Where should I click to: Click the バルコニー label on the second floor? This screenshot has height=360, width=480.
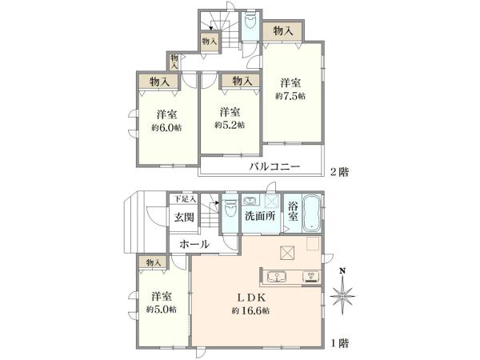click(x=274, y=168)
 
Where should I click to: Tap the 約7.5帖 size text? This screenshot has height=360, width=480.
click(x=290, y=96)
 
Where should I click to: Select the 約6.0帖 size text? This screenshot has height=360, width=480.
click(x=166, y=126)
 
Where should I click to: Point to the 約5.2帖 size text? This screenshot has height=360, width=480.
click(x=230, y=125)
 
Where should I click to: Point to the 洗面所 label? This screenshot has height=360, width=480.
click(x=260, y=215)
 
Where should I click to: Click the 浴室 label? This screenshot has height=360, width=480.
click(x=293, y=211)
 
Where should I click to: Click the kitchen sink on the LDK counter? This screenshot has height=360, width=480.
click(x=279, y=278)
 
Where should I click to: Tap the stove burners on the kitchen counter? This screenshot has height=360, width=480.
click(x=309, y=278)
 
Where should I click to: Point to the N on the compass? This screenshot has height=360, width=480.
click(x=342, y=270)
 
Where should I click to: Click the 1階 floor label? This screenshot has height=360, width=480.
click(x=340, y=342)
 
